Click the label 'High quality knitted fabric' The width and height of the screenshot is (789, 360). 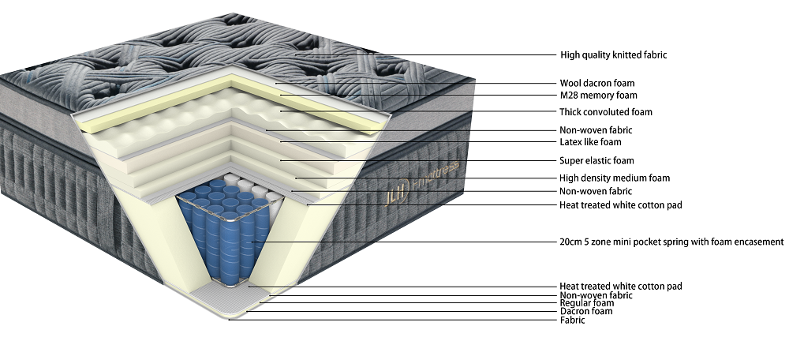pyautogui.click(x=613, y=55)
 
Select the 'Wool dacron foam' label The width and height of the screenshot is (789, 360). pyautogui.click(x=596, y=83)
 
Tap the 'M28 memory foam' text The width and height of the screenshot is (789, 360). pyautogui.click(x=598, y=95)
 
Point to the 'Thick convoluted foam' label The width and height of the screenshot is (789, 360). pyautogui.click(x=605, y=112)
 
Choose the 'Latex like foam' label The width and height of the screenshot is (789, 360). pyautogui.click(x=590, y=142)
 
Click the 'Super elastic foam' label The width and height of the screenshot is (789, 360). pyautogui.click(x=596, y=161)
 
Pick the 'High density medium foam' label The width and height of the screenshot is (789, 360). pyautogui.click(x=614, y=178)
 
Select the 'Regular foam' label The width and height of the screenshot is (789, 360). pyautogui.click(x=586, y=303)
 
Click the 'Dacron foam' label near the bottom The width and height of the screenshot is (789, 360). pyautogui.click(x=585, y=311)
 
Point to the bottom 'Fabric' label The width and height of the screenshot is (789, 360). pyautogui.click(x=572, y=320)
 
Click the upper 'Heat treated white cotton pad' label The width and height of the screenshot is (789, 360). pyautogui.click(x=620, y=205)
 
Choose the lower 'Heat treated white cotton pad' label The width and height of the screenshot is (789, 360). pyautogui.click(x=620, y=286)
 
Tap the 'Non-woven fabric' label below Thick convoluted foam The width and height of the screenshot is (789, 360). pyautogui.click(x=595, y=130)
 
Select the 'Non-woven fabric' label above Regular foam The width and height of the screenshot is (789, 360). pyautogui.click(x=595, y=295)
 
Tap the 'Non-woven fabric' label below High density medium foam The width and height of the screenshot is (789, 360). pyautogui.click(x=595, y=191)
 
